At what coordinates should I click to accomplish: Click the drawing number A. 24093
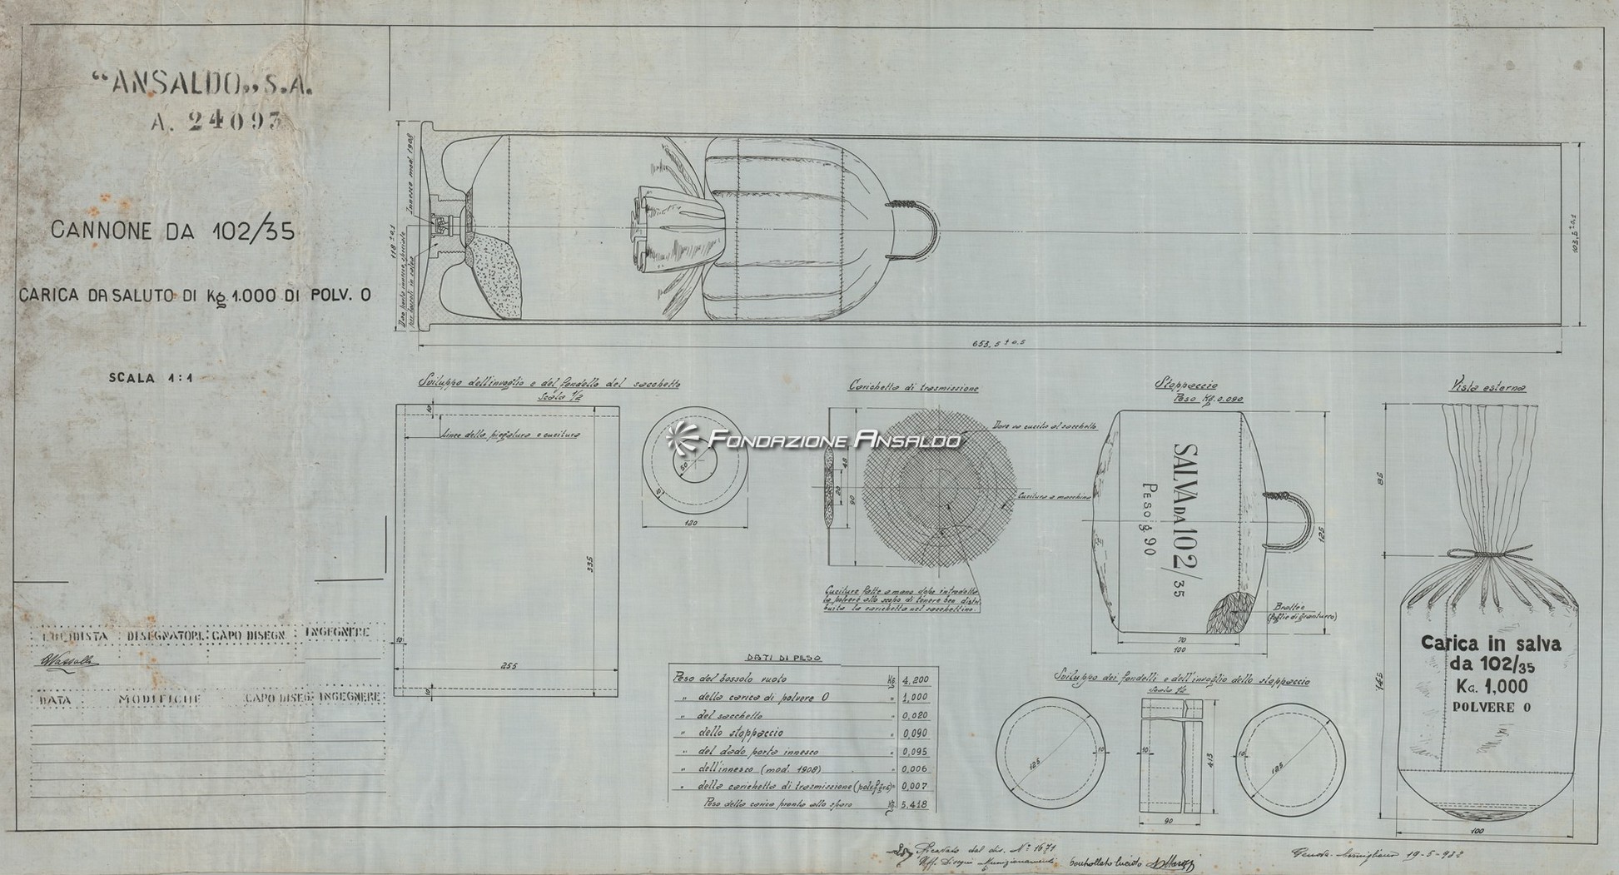(x=216, y=122)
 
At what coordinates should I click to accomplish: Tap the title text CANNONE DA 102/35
(x=172, y=231)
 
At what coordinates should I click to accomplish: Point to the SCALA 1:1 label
(x=151, y=378)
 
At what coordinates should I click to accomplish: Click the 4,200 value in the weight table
(x=915, y=679)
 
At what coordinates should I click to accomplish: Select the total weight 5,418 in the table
(x=915, y=805)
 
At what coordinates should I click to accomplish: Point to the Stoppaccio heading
(x=1186, y=385)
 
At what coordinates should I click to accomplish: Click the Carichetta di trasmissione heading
(x=913, y=387)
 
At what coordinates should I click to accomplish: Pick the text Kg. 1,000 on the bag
(x=1487, y=686)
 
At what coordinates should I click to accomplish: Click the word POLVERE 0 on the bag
(x=1491, y=708)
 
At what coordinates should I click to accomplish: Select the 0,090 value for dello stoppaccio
(x=915, y=733)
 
